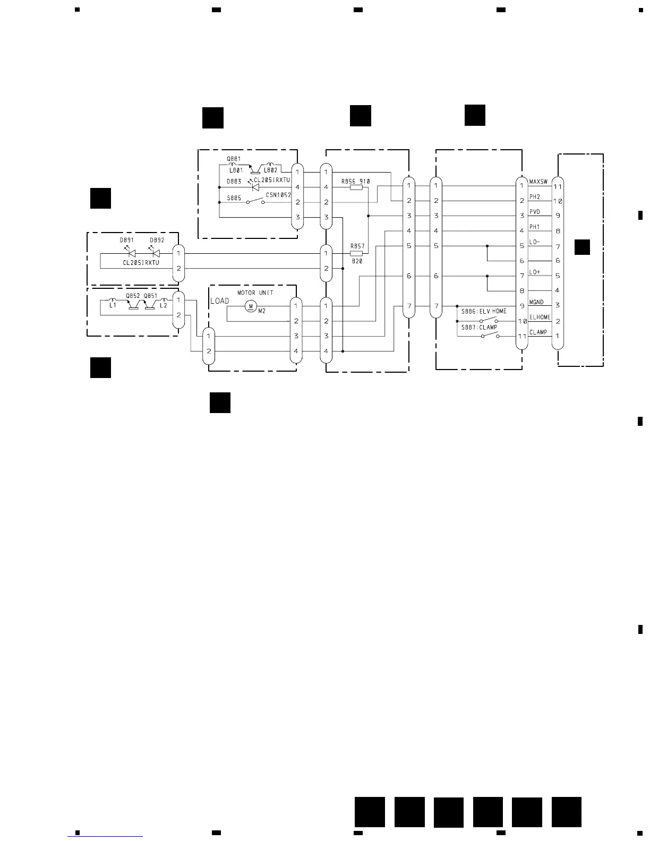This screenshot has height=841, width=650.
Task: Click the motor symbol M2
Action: (x=251, y=306)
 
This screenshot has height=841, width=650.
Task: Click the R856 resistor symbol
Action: (x=356, y=187)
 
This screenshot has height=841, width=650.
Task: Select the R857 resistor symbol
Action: (x=356, y=253)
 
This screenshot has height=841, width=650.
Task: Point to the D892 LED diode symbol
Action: (x=156, y=253)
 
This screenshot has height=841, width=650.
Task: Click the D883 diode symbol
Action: (x=255, y=187)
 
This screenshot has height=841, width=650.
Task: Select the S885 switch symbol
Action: (x=255, y=201)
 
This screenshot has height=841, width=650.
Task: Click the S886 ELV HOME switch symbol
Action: (x=489, y=320)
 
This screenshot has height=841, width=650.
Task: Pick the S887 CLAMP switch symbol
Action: (x=489, y=336)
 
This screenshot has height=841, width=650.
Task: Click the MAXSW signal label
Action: (x=538, y=182)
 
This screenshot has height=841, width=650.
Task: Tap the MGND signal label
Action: (x=536, y=302)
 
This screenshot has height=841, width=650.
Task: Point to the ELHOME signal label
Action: (x=540, y=317)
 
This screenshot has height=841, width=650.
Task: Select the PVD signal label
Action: (x=534, y=212)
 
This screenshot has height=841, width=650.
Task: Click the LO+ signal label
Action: (x=534, y=272)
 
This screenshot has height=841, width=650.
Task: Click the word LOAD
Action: (x=220, y=301)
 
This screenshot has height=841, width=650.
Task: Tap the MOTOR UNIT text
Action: (x=255, y=293)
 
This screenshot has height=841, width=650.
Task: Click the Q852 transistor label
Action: (x=133, y=296)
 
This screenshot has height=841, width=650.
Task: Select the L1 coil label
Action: (x=113, y=305)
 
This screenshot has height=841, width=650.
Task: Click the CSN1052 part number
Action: (x=278, y=195)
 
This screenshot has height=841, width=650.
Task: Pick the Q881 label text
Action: (x=234, y=159)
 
